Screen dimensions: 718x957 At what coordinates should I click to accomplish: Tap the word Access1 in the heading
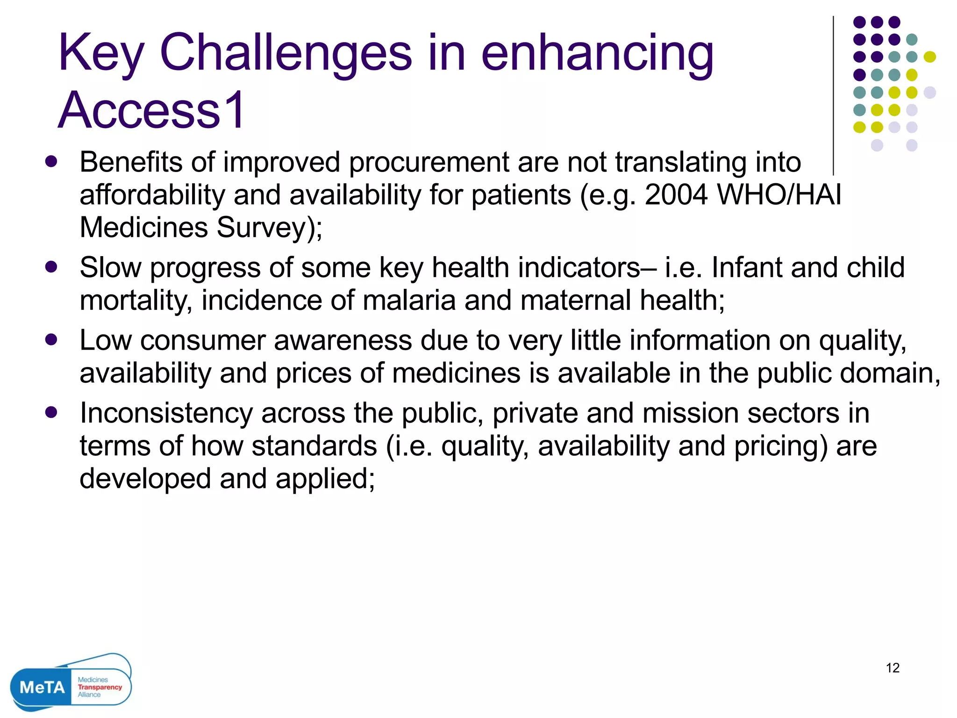[x=152, y=110]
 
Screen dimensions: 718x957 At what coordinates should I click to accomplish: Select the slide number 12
[x=893, y=668]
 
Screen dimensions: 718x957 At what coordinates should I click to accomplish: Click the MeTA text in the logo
[x=42, y=687]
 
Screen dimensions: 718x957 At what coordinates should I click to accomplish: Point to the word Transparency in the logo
[x=100, y=687]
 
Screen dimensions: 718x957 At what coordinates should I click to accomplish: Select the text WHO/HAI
[x=779, y=194]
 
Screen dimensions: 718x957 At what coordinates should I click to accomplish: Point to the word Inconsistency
[x=166, y=413]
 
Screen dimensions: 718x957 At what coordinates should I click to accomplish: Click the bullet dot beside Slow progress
[x=51, y=267]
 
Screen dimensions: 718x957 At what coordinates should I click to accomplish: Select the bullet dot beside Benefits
[x=51, y=162]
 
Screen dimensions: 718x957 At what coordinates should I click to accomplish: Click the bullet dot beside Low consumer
[x=51, y=339]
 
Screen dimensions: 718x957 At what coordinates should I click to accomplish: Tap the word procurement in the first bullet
[x=429, y=162]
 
